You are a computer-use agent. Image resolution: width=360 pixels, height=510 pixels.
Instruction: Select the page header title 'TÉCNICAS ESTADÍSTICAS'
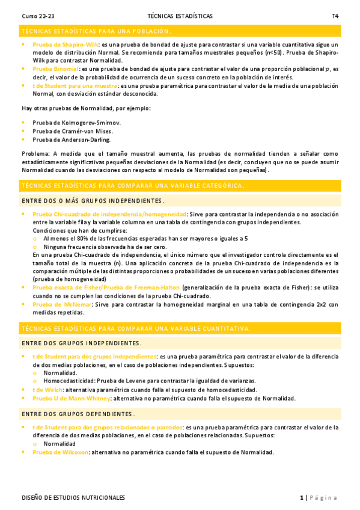[179, 16]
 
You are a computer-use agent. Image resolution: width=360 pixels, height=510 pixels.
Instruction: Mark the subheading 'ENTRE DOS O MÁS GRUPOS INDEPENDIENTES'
[93, 201]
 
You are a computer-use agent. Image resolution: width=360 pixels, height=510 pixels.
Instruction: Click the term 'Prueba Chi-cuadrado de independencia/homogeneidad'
[109, 214]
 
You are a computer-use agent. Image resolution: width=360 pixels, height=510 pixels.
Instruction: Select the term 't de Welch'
[46, 390]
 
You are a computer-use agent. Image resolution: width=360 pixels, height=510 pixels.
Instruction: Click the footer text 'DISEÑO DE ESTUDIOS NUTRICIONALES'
[73, 498]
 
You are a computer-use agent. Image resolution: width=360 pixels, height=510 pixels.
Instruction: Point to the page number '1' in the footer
[302, 498]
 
